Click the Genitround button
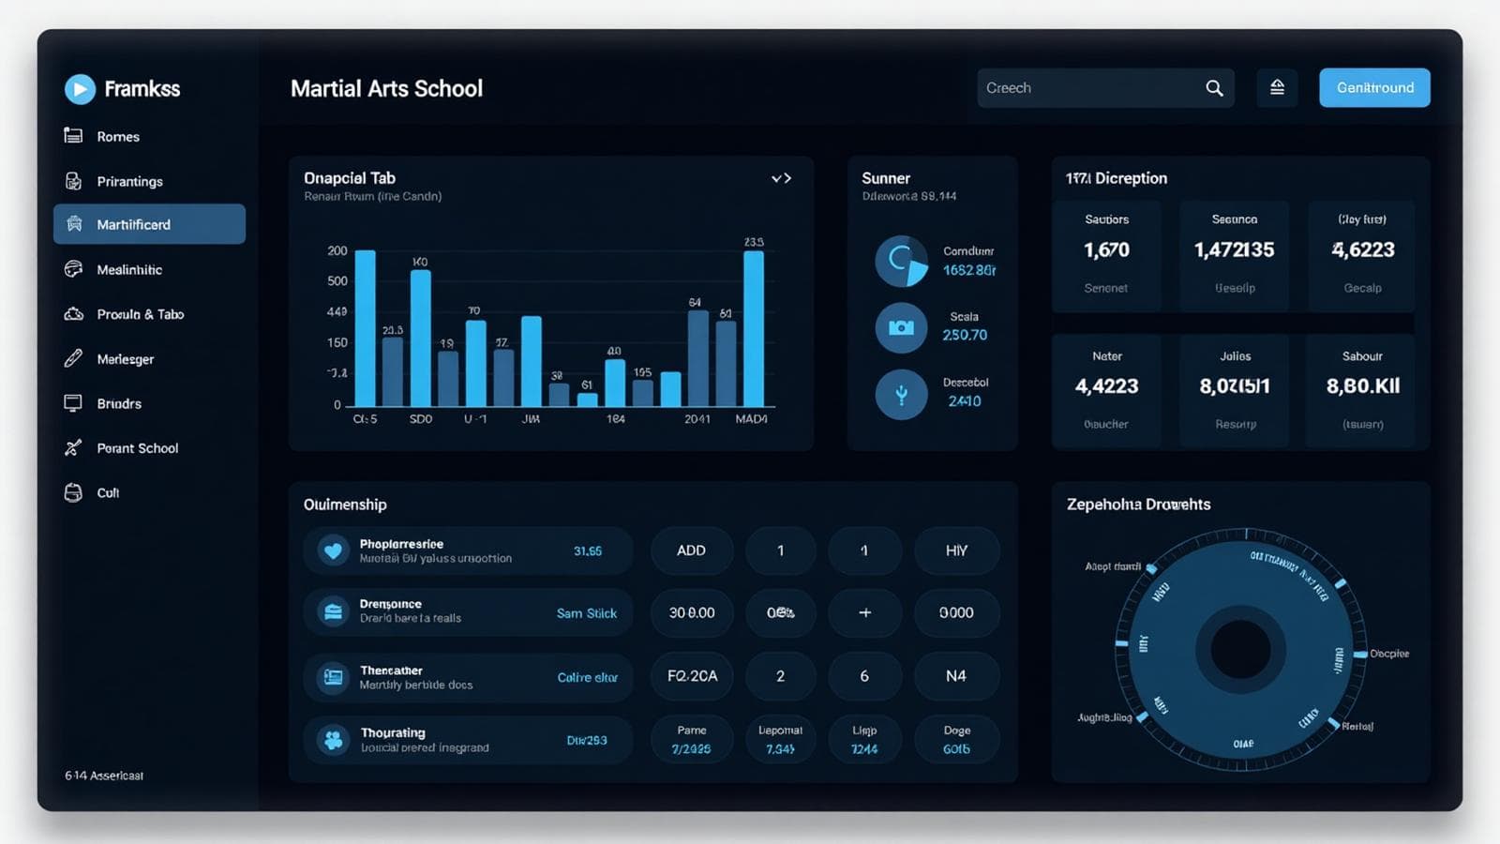(1374, 87)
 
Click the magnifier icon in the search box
(1214, 88)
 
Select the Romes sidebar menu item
(118, 136)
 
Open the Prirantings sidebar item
(129, 181)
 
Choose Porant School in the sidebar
(137, 448)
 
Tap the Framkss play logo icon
(80, 89)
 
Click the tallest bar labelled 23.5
(753, 328)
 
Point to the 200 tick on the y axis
(337, 251)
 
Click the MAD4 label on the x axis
(751, 419)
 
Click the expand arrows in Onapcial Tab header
(781, 178)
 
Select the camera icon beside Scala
(901, 327)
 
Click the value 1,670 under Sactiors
(1106, 250)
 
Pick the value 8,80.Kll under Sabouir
(1362, 386)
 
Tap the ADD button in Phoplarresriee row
(691, 550)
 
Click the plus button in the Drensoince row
(864, 612)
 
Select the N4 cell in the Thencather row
(955, 676)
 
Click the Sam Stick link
(587, 613)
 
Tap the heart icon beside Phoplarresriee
(333, 550)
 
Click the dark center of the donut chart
(1240, 650)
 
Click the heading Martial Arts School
(386, 88)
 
